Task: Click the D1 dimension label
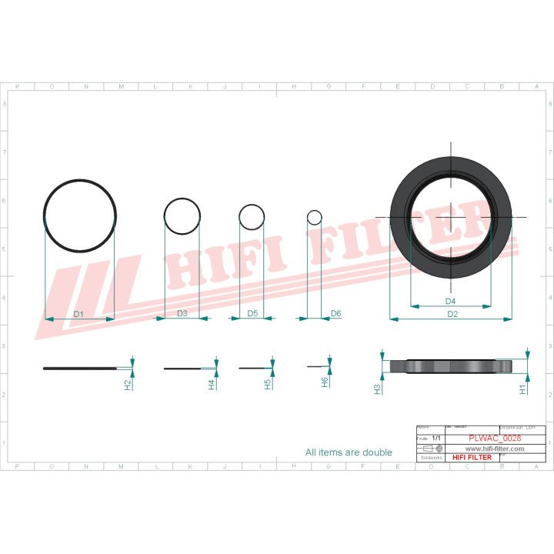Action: tap(78, 314)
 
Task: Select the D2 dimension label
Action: tap(452, 314)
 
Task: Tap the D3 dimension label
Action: tap(182, 313)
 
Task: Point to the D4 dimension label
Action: tap(451, 300)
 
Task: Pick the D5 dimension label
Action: tap(252, 313)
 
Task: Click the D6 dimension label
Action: tap(335, 313)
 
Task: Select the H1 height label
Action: tap(523, 389)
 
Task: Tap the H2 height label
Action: tap(128, 384)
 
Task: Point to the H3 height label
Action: tap(378, 389)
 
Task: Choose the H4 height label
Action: tap(212, 384)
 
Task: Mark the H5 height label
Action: tap(268, 384)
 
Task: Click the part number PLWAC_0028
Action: tap(495, 439)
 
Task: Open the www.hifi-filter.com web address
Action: tap(494, 449)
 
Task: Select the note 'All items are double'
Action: tap(349, 452)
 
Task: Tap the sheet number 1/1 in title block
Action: tap(436, 438)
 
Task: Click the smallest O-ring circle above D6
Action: tap(315, 217)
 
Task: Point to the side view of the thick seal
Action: tap(451, 367)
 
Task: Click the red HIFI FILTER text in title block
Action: tap(472, 457)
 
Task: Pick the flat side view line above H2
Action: tap(80, 369)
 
